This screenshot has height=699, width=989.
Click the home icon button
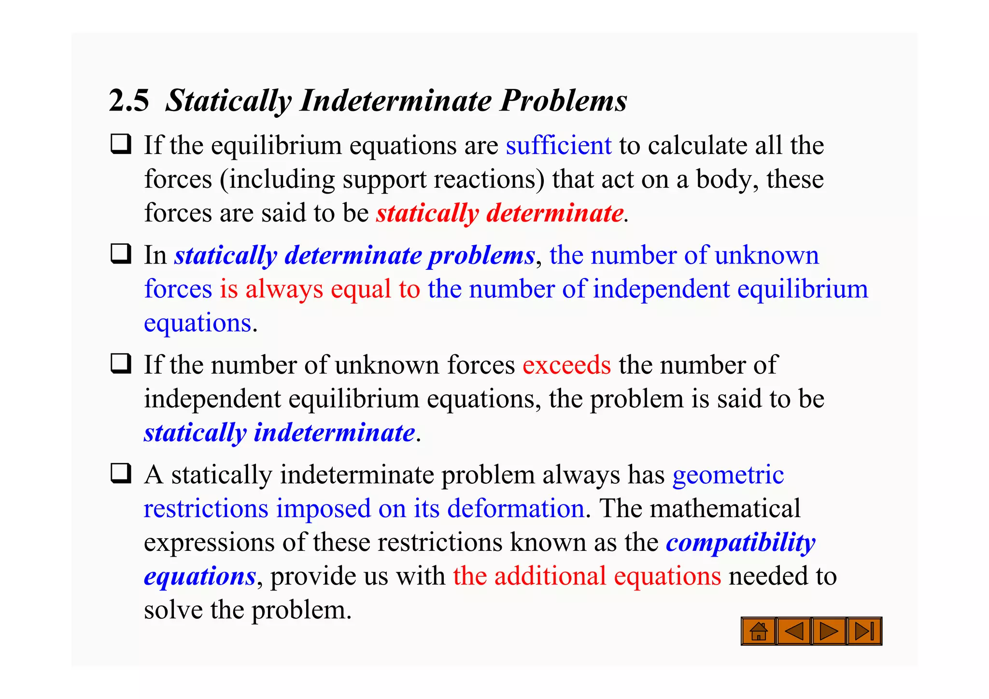[x=759, y=631]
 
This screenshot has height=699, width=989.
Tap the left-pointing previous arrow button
[x=794, y=631]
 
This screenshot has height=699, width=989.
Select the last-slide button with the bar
[x=864, y=631]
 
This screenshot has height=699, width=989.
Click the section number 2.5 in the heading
[x=129, y=100]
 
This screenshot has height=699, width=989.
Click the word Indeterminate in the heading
[x=396, y=100]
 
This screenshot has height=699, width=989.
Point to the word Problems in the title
[x=563, y=100]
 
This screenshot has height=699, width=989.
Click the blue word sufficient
[x=558, y=145]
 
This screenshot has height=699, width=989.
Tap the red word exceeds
[x=566, y=365]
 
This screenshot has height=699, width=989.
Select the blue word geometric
[x=728, y=475]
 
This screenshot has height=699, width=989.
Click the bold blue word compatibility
[x=740, y=543]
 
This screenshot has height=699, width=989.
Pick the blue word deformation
[x=516, y=509]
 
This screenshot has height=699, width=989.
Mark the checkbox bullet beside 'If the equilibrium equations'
[x=121, y=144]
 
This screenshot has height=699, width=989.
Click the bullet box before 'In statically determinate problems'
[x=121, y=253]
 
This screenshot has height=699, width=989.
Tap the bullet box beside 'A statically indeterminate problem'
[x=121, y=473]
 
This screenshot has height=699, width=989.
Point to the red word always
[x=284, y=289]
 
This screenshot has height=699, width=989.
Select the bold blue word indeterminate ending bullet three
[x=334, y=433]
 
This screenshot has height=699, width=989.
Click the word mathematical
[x=725, y=509]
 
